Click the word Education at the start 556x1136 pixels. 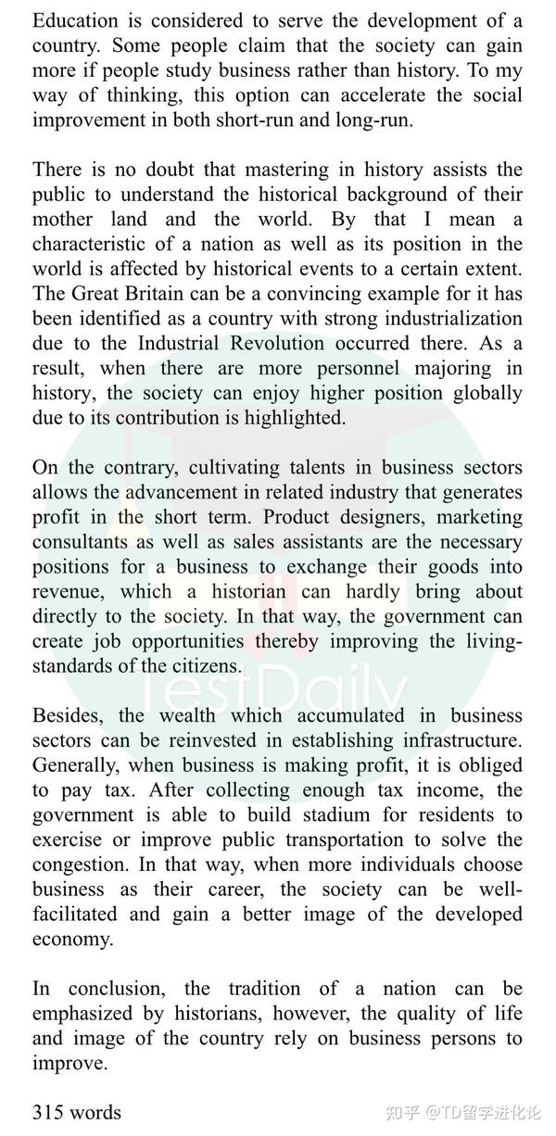coord(76,20)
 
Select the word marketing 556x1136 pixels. coord(474,517)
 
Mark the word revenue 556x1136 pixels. coord(67,592)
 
